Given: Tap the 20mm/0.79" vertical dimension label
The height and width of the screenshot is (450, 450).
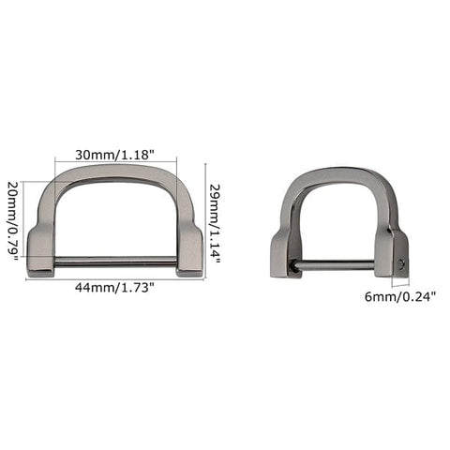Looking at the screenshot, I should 12,221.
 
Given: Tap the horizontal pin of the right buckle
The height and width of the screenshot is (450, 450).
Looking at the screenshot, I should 338,266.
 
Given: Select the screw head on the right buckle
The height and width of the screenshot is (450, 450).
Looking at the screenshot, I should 401,265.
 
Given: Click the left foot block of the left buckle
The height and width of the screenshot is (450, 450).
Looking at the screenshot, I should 40,251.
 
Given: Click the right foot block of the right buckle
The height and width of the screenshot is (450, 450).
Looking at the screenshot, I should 393,256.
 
